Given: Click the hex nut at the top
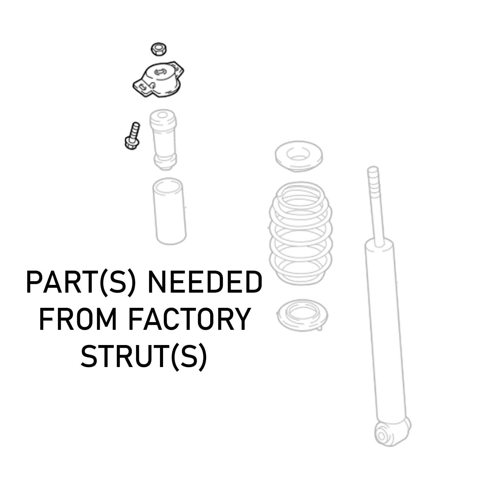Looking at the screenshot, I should [159, 49].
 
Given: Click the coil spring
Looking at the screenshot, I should [300, 231].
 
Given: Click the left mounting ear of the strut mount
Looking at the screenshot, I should [141, 87].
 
